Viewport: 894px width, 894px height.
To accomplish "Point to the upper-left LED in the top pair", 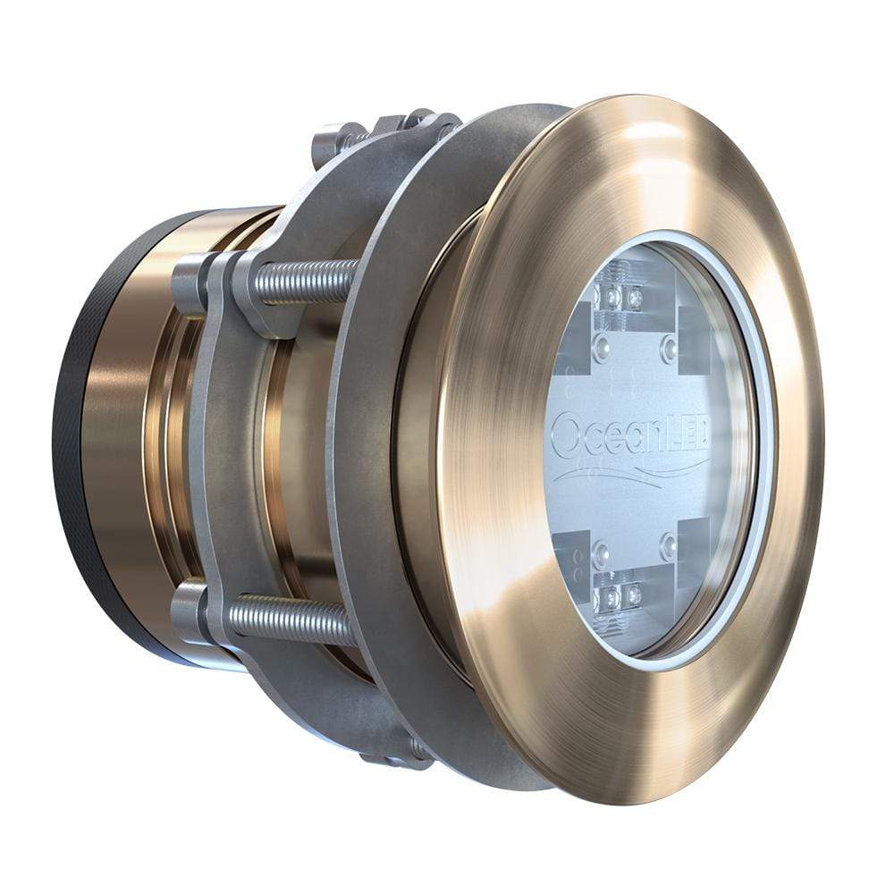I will [614, 295].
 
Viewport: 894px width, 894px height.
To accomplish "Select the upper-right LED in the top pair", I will [635, 296].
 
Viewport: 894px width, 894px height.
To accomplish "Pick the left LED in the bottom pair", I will [611, 593].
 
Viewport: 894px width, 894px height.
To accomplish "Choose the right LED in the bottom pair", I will [633, 594].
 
